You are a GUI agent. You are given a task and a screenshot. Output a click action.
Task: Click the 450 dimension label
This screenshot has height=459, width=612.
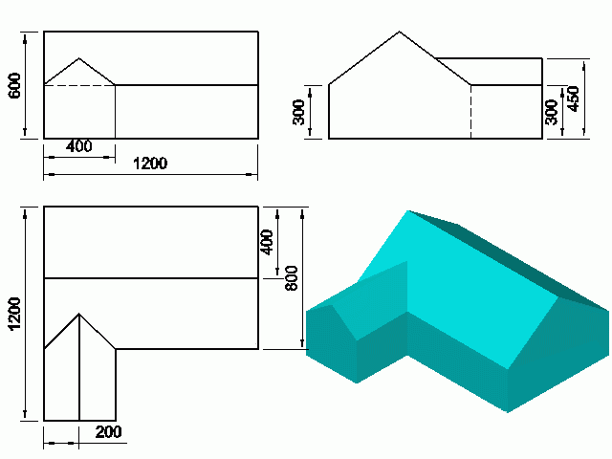(x=573, y=98)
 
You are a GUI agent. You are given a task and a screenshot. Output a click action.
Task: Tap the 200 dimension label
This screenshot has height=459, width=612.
(x=108, y=433)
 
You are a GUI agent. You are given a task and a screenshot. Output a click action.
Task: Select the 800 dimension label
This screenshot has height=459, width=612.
(x=293, y=277)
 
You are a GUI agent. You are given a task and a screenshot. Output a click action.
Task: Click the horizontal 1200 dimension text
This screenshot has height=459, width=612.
(x=149, y=164)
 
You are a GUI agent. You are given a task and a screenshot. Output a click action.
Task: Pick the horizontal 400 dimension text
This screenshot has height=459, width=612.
(x=79, y=146)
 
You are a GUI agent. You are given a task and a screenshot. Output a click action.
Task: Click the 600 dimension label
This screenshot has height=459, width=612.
(x=14, y=84)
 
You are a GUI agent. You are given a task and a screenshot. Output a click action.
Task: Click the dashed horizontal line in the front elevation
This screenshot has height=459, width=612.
(x=79, y=85)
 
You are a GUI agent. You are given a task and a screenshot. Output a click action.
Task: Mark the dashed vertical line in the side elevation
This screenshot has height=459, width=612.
(x=470, y=112)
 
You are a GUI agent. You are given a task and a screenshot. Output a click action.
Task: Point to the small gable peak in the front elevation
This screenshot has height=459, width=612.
(x=79, y=59)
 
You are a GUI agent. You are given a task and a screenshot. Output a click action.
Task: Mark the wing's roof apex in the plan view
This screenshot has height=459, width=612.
(x=79, y=314)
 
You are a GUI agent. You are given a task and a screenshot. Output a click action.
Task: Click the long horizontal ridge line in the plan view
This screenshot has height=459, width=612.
(x=151, y=278)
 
